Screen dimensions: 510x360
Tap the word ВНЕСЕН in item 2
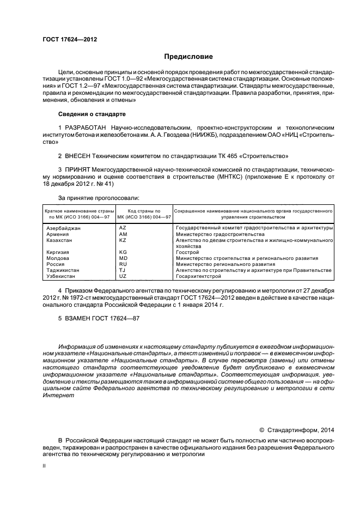[x=81, y=156]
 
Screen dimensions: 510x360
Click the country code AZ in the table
[x=122, y=228]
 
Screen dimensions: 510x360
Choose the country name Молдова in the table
[x=58, y=258]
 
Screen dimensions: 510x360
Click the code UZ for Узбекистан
[x=122, y=276]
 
